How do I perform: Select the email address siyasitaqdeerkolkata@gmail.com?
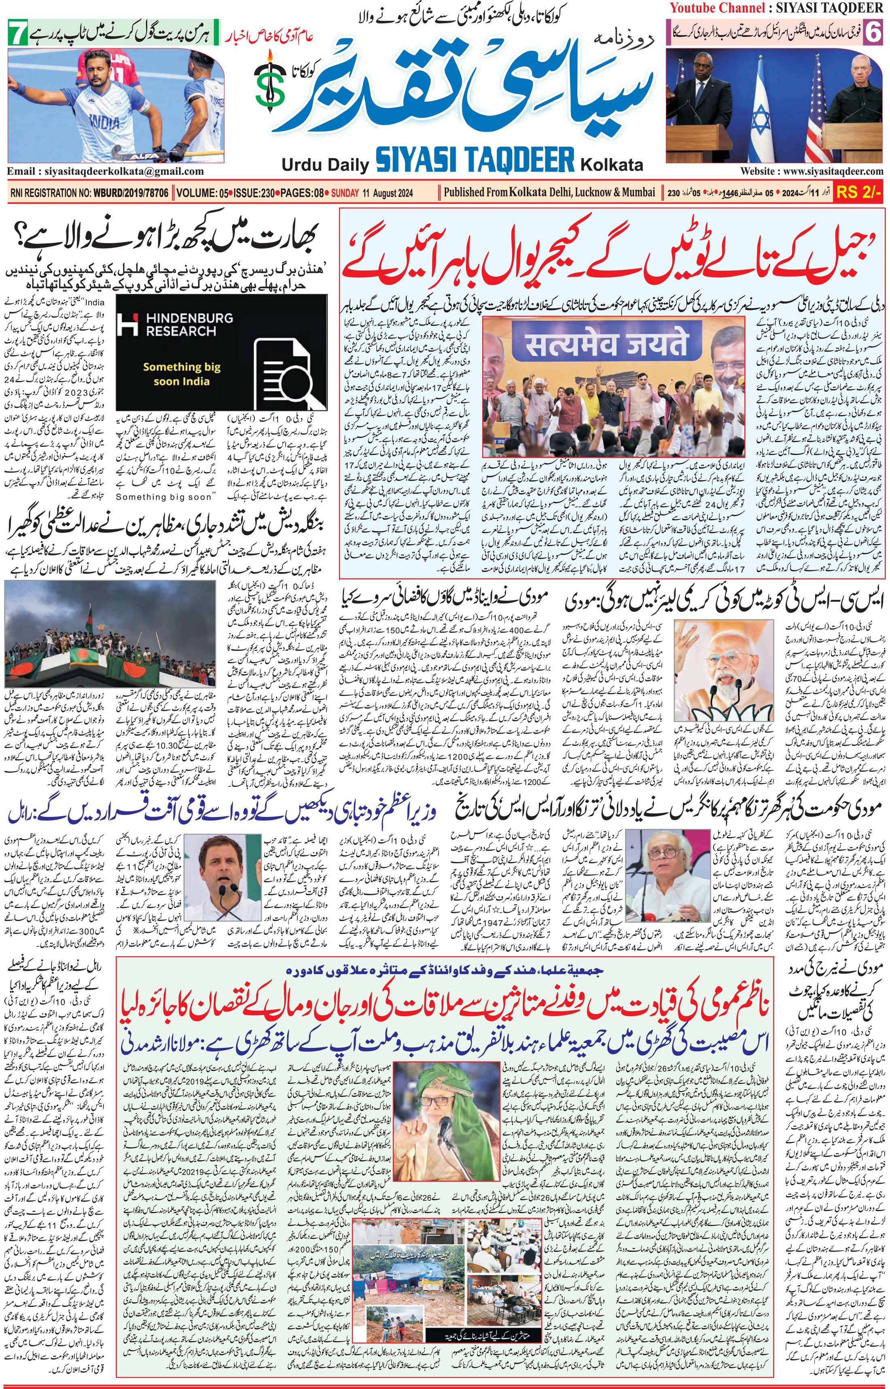click(105, 171)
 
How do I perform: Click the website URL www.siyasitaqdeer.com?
click(812, 171)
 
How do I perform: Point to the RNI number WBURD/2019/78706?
click(128, 193)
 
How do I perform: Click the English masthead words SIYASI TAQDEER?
click(475, 160)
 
